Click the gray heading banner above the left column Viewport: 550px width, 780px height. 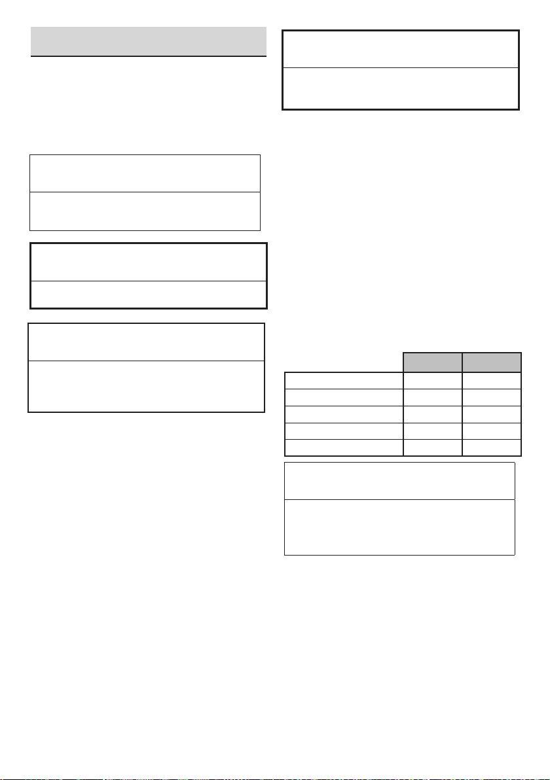[x=149, y=42]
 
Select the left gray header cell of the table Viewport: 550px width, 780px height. [x=431, y=363]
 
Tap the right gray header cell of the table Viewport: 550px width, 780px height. [x=492, y=363]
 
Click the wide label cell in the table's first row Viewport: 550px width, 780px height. [x=342, y=381]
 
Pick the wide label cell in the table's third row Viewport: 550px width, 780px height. [x=342, y=415]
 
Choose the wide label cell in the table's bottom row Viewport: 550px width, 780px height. [x=342, y=447]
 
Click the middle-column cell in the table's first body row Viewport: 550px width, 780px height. [x=431, y=381]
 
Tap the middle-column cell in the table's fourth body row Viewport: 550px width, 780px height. [x=431, y=431]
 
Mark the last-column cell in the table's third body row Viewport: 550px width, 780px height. [x=492, y=415]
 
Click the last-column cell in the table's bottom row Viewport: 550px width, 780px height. [x=492, y=447]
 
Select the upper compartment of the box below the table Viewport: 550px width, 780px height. [x=399, y=481]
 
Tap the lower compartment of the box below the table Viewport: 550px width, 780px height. [x=399, y=527]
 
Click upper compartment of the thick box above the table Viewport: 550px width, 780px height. [x=400, y=48]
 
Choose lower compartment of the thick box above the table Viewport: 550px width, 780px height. [x=400, y=88]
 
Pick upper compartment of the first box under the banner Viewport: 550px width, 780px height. [x=145, y=173]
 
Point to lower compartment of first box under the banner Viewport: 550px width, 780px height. [x=145, y=211]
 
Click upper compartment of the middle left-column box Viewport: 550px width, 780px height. [x=149, y=262]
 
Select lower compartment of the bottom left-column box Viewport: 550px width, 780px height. [x=146, y=386]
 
